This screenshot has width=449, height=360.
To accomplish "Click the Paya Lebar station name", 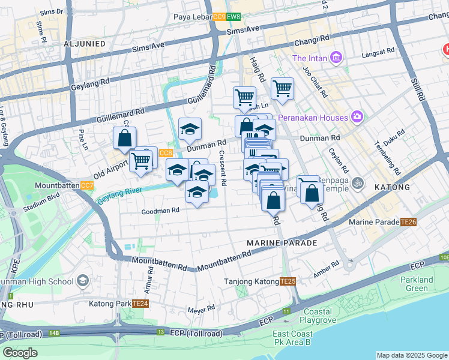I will (x=192, y=17).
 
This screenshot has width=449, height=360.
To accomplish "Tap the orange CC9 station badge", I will (x=219, y=17).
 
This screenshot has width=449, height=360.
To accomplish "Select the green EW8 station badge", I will (x=234, y=17).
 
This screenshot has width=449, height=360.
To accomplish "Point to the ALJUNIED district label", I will (x=85, y=44).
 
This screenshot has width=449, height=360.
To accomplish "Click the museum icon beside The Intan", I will (x=336, y=58).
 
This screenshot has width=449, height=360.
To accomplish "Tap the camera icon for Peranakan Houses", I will (x=358, y=117).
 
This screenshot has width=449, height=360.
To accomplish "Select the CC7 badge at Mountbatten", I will (x=87, y=185).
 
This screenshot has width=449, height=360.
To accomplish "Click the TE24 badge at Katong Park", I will (x=140, y=304).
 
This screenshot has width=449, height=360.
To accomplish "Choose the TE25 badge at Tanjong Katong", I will (x=288, y=281).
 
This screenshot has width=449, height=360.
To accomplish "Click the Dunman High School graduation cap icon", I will (x=82, y=281).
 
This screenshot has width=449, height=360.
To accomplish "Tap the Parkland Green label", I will (x=417, y=284).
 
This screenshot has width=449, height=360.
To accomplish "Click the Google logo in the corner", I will (x=20, y=353).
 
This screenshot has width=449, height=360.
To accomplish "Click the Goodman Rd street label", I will (x=160, y=211).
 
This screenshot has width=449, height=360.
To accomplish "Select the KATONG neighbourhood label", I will (x=392, y=187).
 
